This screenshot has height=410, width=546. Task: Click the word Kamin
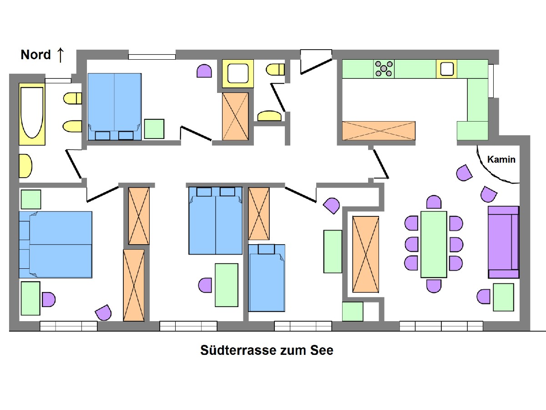click(501, 159)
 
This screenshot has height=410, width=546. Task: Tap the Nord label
click(35, 55)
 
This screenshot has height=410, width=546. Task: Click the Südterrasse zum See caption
click(267, 350)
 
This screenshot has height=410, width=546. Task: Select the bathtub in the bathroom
click(32, 113)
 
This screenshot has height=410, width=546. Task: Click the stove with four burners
click(384, 69)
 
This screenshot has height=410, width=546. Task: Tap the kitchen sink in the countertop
click(446, 69)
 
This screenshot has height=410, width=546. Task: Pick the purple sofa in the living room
click(503, 242)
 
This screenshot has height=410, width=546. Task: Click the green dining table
click(434, 244)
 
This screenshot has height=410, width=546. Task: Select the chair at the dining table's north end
click(434, 202)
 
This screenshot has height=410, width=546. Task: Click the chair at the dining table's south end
click(434, 286)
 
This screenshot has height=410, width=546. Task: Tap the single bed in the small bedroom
click(267, 278)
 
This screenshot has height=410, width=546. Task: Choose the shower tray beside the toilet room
click(237, 73)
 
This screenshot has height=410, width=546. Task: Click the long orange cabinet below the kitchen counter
click(379, 131)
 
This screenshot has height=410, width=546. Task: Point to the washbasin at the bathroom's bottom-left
click(25, 166)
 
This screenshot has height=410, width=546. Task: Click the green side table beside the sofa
click(503, 297)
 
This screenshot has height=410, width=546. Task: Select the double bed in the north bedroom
click(114, 106)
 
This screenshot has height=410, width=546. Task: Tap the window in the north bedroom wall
click(152, 57)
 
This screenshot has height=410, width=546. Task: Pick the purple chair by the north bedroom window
click(204, 71)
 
